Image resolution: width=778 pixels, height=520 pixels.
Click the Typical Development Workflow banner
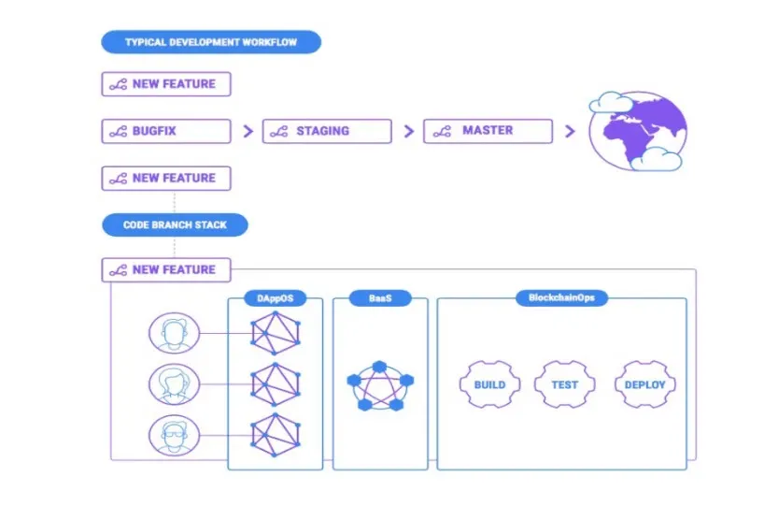coord(211,42)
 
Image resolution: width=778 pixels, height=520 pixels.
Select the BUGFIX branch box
coord(166,131)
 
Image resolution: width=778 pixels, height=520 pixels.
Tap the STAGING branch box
coord(327,131)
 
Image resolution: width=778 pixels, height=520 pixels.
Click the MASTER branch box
coord(488,131)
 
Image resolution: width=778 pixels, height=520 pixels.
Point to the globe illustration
coord(638,131)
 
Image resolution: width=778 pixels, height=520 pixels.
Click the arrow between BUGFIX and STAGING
coord(248,131)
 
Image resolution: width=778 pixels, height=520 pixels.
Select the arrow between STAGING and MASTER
coord(409,131)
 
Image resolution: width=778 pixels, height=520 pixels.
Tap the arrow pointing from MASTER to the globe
coord(570,131)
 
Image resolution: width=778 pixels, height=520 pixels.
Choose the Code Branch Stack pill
coord(175,225)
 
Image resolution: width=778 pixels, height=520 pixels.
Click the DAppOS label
coord(275,298)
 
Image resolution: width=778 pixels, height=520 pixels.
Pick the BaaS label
coord(380,298)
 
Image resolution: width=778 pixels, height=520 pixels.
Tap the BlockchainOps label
coord(561,297)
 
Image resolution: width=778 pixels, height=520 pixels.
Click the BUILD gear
coord(489,384)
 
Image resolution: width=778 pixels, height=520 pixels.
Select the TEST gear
coord(565,384)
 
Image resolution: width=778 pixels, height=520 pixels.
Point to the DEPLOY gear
coord(645,384)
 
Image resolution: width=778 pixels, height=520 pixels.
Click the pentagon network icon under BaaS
coord(380,385)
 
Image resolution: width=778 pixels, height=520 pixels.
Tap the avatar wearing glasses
coord(174,436)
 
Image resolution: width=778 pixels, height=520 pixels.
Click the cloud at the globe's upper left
coord(611,102)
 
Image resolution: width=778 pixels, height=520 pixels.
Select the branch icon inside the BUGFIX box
coord(118,132)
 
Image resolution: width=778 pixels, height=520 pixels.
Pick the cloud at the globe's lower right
coord(656,160)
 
